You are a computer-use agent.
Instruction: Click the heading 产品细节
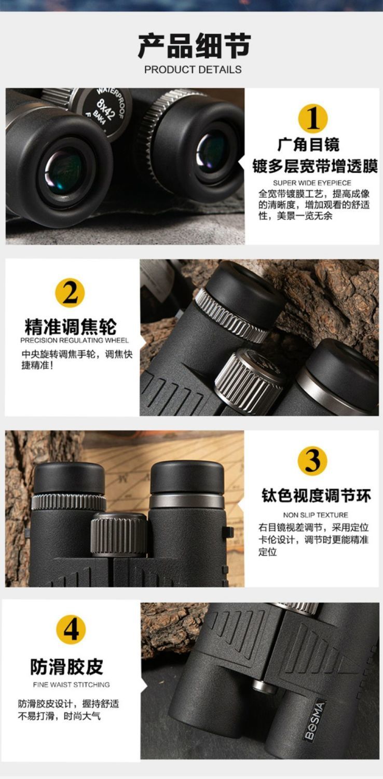point(194,46)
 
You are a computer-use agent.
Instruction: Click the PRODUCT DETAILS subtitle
point(193,70)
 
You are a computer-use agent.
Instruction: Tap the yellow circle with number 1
point(313,118)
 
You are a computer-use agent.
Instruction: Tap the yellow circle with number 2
point(70,293)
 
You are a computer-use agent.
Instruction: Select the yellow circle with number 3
point(312,461)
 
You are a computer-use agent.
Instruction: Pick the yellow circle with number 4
point(71,629)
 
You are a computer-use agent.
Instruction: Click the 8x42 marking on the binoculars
point(106,110)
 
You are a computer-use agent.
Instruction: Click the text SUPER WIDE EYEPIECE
point(312,183)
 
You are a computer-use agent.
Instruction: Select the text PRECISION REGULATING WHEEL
point(74,341)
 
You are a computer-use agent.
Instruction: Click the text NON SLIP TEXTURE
point(316,515)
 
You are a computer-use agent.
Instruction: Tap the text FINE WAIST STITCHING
point(71,685)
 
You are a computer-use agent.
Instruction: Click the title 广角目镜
point(309,144)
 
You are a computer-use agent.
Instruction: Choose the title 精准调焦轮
point(71,326)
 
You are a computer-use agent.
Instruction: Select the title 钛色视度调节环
point(316,495)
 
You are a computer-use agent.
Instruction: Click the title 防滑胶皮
point(67,667)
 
